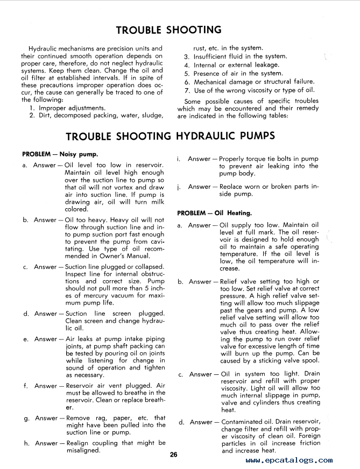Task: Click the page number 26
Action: point(173,456)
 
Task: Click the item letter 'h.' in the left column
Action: point(26,443)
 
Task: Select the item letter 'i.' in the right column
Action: point(178,159)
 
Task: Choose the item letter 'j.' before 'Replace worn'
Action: point(178,187)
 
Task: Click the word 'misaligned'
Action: point(83,450)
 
